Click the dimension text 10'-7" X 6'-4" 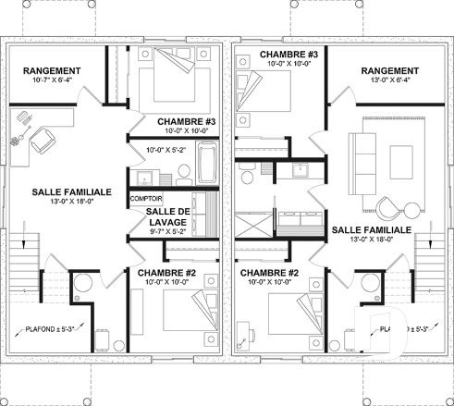(x=52, y=80)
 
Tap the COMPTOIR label (x=146, y=199)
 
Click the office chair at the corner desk (x=41, y=140)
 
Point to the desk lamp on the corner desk (x=16, y=142)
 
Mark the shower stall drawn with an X (x=250, y=224)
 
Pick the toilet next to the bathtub (x=172, y=174)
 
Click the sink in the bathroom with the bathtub (x=142, y=178)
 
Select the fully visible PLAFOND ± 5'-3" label (x=52, y=328)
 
